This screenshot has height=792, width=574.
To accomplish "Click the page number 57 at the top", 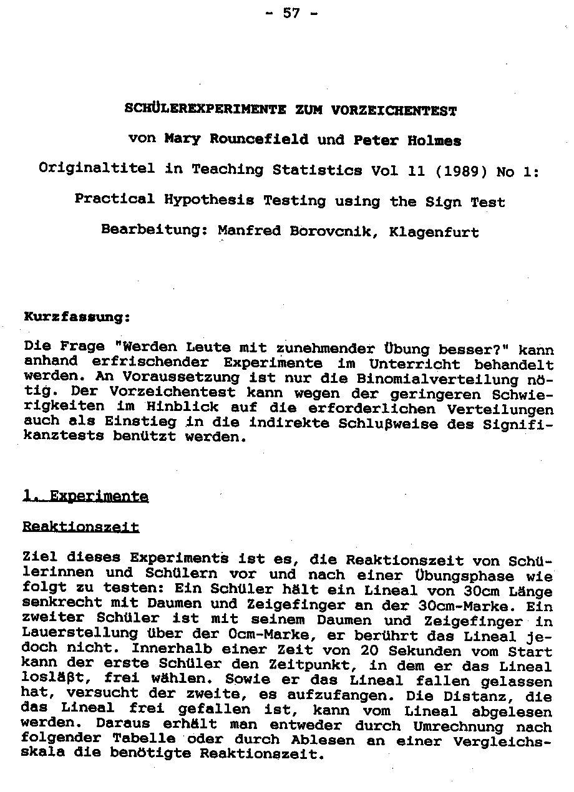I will pos(291,12).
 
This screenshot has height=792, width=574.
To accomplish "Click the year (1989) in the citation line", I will pos(459,170).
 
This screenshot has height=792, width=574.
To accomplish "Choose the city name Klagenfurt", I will pos(434,233).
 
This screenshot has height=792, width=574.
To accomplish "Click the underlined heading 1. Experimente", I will pos(85,496).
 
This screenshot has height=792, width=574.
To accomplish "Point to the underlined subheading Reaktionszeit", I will pos(80,528).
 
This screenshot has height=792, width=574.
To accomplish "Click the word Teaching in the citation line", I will pos(228,170).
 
